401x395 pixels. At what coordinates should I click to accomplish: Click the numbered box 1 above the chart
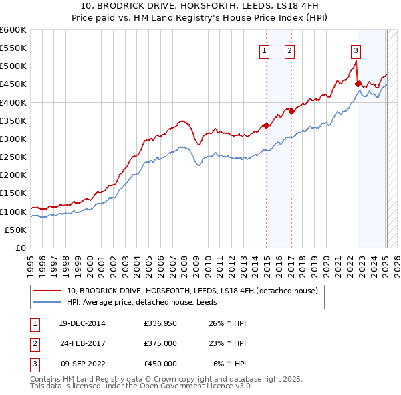[x=264, y=50]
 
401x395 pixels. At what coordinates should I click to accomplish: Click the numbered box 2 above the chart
[x=289, y=50]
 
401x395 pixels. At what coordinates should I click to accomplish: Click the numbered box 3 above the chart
[x=356, y=50]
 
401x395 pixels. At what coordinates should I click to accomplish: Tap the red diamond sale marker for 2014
[x=267, y=125]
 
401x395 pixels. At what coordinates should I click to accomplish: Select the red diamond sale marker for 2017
[x=292, y=112]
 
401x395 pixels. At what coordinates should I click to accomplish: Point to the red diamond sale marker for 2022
[x=358, y=84]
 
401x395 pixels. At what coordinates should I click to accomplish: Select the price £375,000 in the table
[x=160, y=343]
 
